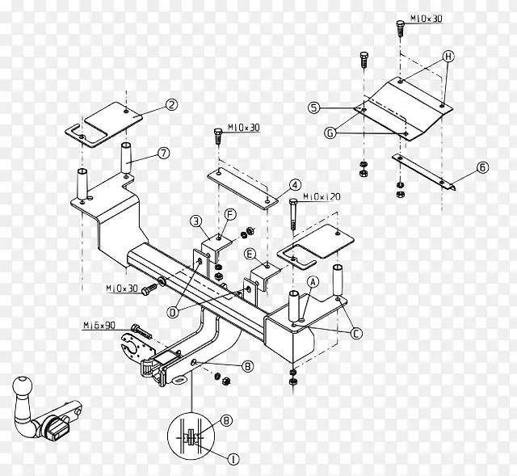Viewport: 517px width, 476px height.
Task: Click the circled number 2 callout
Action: [171, 105]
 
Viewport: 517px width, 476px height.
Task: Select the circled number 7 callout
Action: [163, 153]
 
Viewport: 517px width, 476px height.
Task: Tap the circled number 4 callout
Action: [295, 185]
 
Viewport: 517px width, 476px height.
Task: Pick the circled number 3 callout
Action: [196, 221]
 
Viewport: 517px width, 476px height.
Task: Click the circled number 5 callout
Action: [314, 107]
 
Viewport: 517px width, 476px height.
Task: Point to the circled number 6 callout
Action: [482, 167]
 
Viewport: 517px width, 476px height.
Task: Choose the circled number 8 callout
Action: [226, 420]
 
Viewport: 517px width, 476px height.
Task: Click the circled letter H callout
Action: [448, 57]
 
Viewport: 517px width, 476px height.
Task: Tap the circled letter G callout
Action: [330, 133]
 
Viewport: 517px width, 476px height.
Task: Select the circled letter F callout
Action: [230, 215]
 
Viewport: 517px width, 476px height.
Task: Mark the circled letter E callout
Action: [250, 255]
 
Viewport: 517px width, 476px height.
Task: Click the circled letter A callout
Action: [313, 282]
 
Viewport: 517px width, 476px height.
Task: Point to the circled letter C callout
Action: [355, 334]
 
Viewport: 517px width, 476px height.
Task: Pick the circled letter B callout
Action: [247, 366]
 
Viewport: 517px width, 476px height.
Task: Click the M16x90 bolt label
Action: [99, 326]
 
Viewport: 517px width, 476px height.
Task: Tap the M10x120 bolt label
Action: [322, 197]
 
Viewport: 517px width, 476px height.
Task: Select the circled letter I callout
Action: [233, 459]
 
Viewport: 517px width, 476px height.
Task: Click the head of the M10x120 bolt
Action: [292, 201]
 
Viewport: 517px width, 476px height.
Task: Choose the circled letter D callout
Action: [173, 312]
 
